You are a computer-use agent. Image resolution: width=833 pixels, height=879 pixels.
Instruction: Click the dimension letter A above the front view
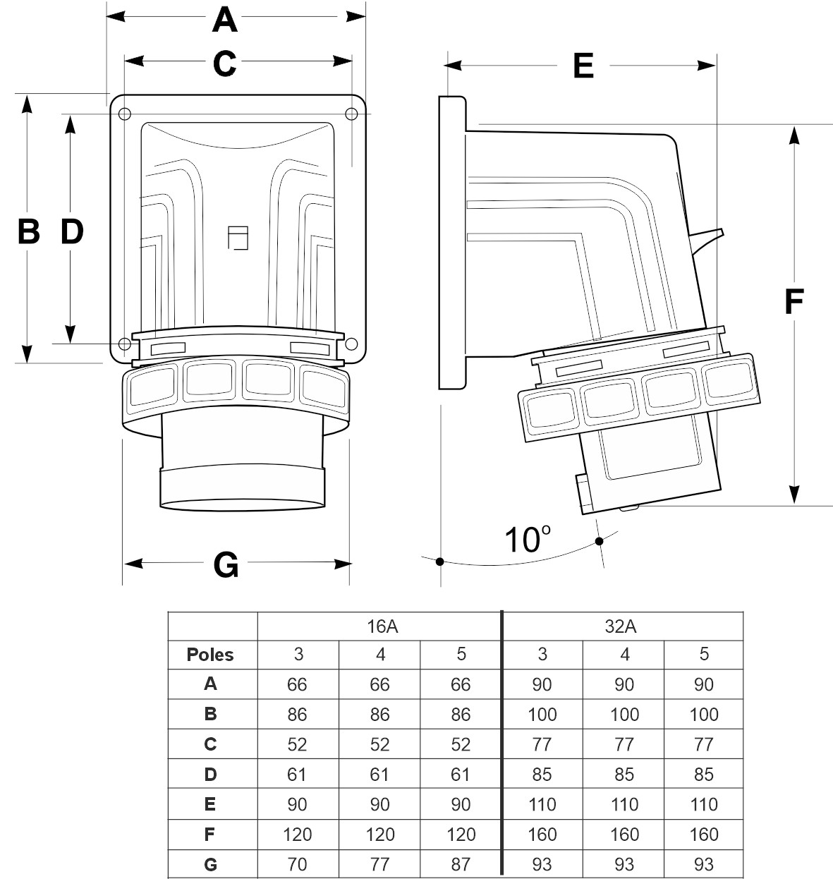225,20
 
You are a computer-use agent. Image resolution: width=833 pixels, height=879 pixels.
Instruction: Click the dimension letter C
224,63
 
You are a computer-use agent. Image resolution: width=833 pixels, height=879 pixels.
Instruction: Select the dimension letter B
28,231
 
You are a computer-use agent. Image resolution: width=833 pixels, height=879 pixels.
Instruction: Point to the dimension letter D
71,231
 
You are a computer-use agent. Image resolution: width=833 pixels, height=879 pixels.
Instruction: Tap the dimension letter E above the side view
583,66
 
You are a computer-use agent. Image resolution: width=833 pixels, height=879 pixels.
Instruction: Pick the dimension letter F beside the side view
794,302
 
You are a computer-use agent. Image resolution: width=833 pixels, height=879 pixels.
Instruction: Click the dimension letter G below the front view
226,564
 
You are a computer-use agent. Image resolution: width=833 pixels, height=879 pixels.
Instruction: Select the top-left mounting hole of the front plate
125,114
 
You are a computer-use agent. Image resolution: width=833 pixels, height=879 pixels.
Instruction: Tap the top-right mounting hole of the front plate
351,114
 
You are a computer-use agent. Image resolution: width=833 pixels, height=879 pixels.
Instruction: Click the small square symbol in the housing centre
238,238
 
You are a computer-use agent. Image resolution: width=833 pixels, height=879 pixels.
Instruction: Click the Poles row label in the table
210,655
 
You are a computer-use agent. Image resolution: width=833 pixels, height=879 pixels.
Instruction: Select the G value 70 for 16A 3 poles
298,863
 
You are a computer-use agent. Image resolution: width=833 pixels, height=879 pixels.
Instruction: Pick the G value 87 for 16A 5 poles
461,863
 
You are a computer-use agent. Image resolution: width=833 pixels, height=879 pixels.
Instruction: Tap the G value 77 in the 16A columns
379,863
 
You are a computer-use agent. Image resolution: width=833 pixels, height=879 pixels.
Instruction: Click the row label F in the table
210,834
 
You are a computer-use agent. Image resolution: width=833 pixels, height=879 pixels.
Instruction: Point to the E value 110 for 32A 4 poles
624,804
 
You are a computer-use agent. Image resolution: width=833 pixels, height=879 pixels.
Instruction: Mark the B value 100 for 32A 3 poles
542,714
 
